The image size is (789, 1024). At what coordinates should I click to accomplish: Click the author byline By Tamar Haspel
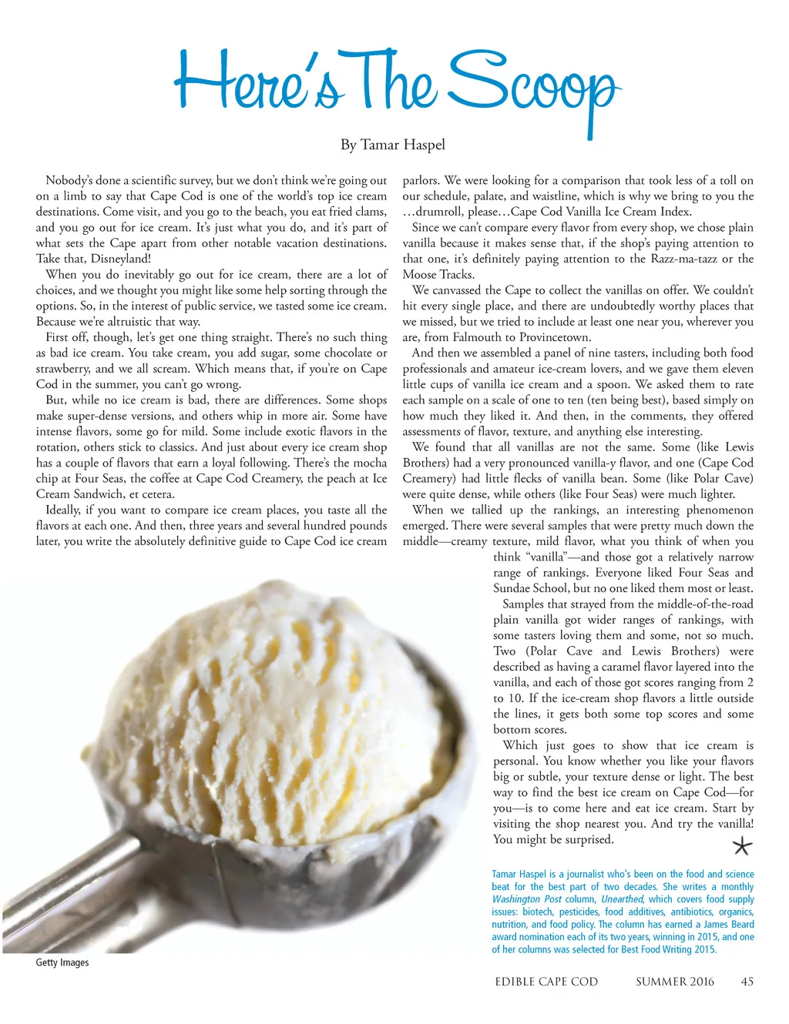pos(393,144)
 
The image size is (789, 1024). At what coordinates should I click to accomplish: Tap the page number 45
pos(747,982)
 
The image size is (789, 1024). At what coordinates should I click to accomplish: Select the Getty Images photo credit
pos(62,962)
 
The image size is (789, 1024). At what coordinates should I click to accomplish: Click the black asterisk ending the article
pos(741,847)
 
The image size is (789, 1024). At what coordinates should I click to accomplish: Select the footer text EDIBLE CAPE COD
pos(546,982)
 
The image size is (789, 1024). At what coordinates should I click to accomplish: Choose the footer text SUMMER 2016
pos(674,982)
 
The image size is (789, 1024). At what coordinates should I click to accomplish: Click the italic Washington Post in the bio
pos(527,899)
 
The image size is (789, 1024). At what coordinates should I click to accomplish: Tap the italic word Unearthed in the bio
pos(623,899)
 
